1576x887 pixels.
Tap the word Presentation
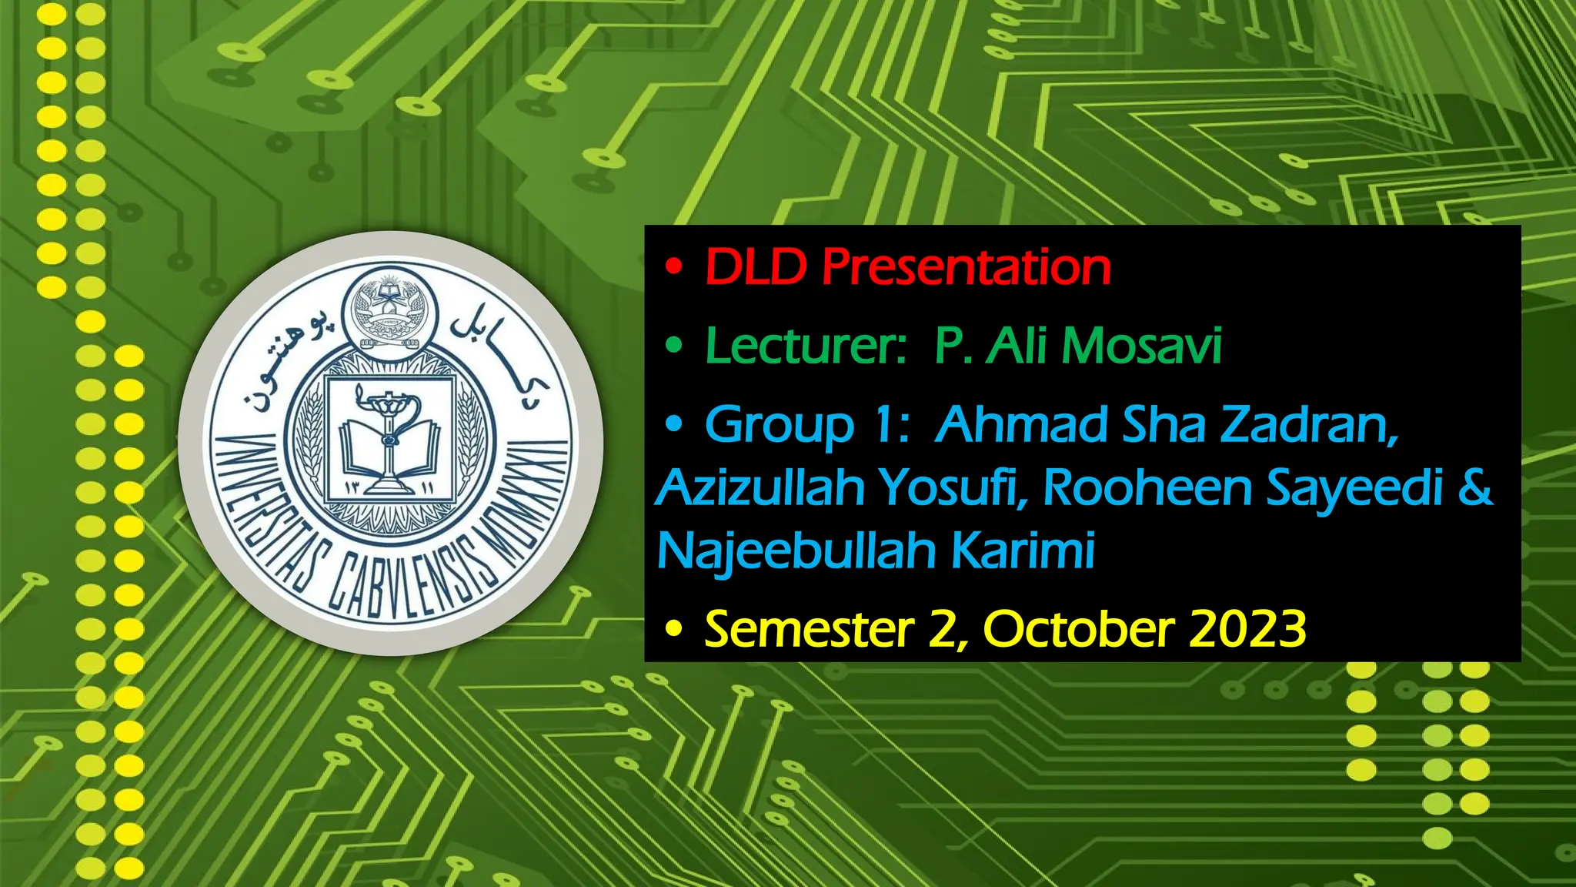coord(966,267)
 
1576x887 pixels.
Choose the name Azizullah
coord(761,487)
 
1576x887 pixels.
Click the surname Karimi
coord(1023,551)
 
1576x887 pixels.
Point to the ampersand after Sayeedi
coord(1474,487)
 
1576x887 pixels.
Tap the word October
coord(1079,629)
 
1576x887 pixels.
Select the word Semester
coord(809,629)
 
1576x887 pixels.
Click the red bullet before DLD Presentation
coord(674,267)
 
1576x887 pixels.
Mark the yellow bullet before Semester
coord(674,630)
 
